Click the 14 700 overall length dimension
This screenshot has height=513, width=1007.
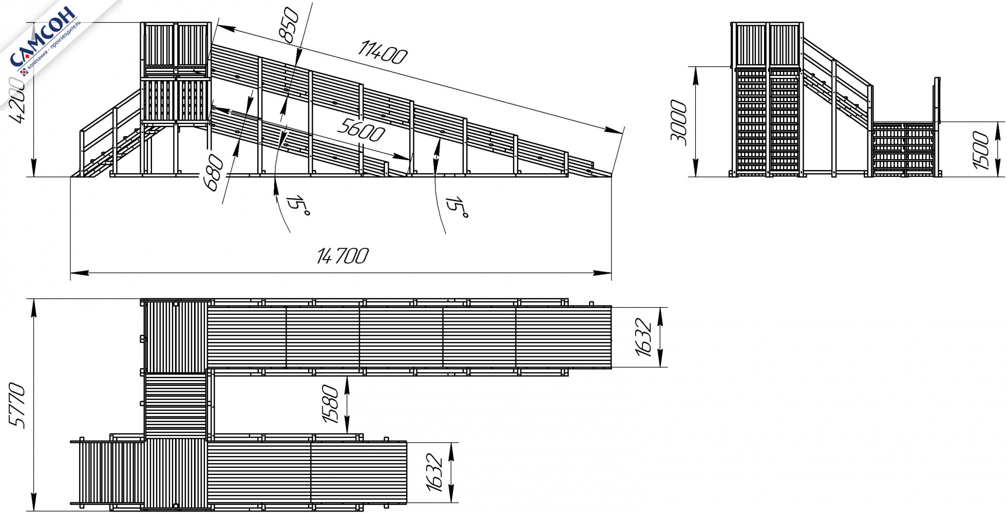(343, 256)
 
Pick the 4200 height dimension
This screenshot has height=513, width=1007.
(20, 101)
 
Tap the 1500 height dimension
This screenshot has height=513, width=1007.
(980, 150)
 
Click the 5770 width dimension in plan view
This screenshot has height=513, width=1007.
(19, 406)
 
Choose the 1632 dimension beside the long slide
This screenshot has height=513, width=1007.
(643, 337)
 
